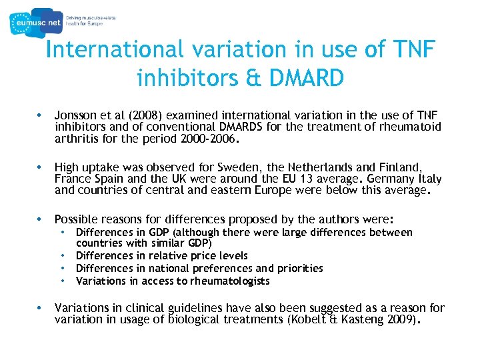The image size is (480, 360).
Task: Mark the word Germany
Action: pyautogui.click(x=389, y=179)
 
